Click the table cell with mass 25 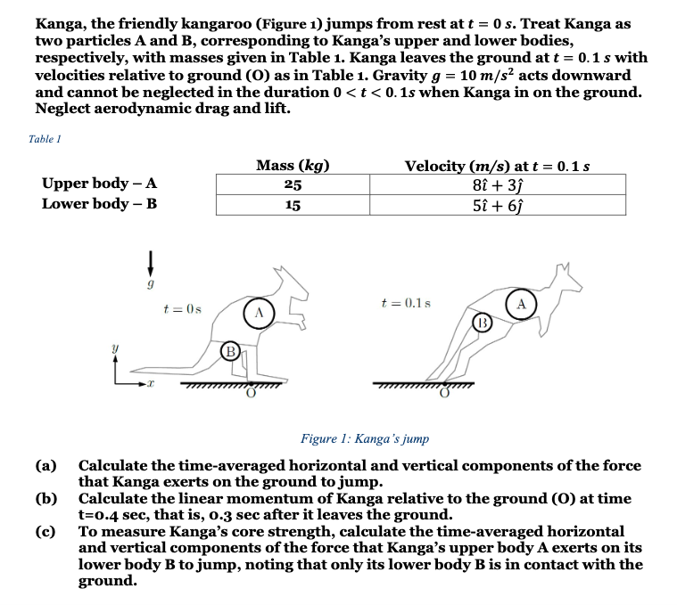[293, 184]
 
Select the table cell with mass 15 [293, 204]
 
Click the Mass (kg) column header [293, 166]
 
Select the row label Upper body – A [100, 184]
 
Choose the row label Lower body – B [100, 203]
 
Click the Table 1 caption [45, 138]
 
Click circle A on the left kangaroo [257, 314]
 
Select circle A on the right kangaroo [521, 303]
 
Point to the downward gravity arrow [153, 263]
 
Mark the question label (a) [45, 466]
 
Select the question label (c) [45, 531]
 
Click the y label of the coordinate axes [111, 350]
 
